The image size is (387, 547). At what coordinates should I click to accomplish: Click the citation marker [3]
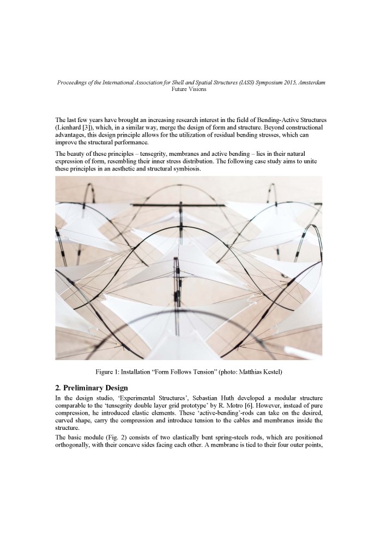click(x=88, y=126)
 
